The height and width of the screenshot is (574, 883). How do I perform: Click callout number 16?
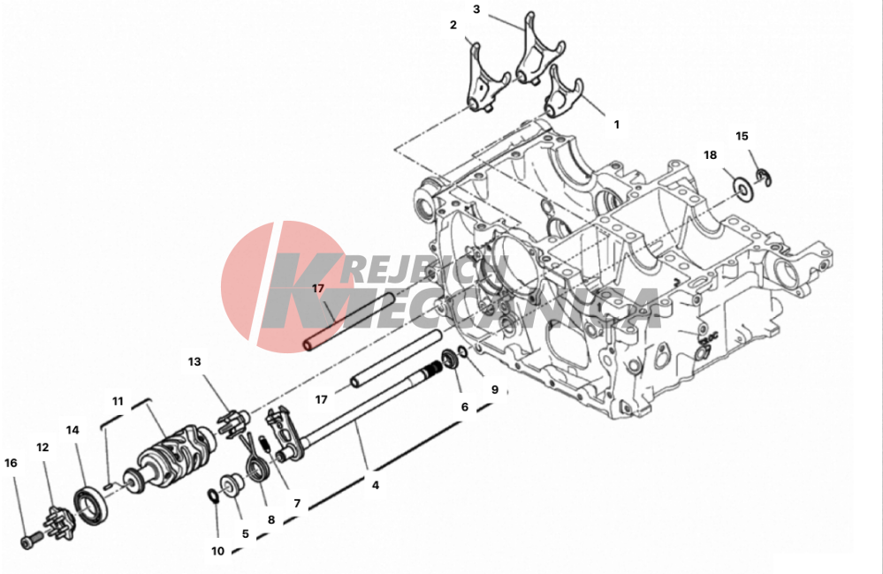pyautogui.click(x=11, y=463)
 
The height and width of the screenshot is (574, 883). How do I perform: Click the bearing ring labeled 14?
pyautogui.click(x=90, y=508)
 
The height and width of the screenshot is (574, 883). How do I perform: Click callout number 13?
pyautogui.click(x=194, y=361)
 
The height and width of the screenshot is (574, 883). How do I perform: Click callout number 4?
pyautogui.click(x=376, y=485)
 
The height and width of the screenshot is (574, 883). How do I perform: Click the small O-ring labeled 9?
pyautogui.click(x=462, y=351)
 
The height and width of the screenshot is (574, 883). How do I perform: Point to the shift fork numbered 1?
pyautogui.click(x=564, y=92)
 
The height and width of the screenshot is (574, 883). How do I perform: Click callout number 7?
pyautogui.click(x=297, y=503)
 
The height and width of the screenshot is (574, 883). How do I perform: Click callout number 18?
pyautogui.click(x=710, y=155)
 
